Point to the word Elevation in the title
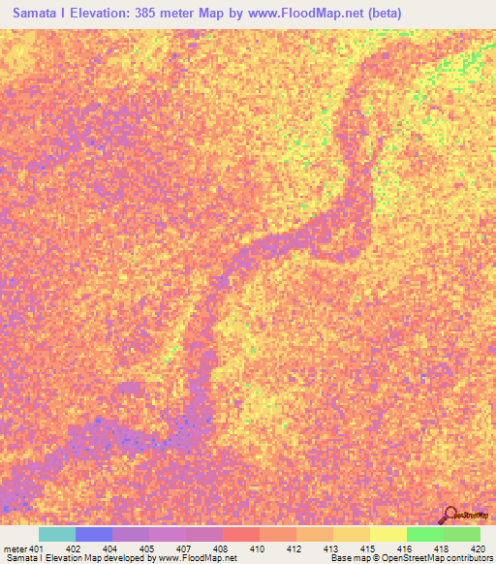(x=106, y=14)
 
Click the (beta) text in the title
(x=380, y=14)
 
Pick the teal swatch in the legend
(x=56, y=534)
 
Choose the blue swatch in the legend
(x=93, y=534)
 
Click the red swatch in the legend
(x=240, y=534)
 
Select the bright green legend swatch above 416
(x=424, y=534)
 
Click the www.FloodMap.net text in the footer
(x=200, y=558)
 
